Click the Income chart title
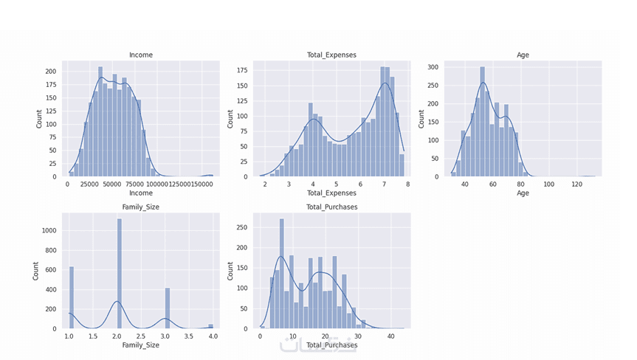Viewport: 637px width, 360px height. click(x=140, y=55)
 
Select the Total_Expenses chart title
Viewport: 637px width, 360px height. click(x=331, y=55)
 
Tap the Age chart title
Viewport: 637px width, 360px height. click(x=523, y=55)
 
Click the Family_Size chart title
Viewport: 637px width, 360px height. click(x=140, y=207)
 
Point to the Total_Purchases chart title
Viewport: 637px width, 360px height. click(x=331, y=207)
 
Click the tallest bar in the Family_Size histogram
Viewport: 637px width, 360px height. click(x=119, y=273)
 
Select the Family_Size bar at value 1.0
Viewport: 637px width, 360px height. click(x=72, y=297)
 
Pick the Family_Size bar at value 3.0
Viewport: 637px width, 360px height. click(x=167, y=308)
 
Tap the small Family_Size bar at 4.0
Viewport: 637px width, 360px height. click(x=210, y=326)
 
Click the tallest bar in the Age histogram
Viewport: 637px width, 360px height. click(x=482, y=122)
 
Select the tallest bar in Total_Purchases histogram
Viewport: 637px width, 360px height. click(x=281, y=273)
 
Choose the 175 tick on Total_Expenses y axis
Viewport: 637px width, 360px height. click(x=241, y=72)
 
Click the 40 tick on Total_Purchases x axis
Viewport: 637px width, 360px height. click(x=390, y=336)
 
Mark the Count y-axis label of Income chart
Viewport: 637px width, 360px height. click(x=40, y=119)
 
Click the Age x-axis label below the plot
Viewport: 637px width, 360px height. click(x=523, y=193)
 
